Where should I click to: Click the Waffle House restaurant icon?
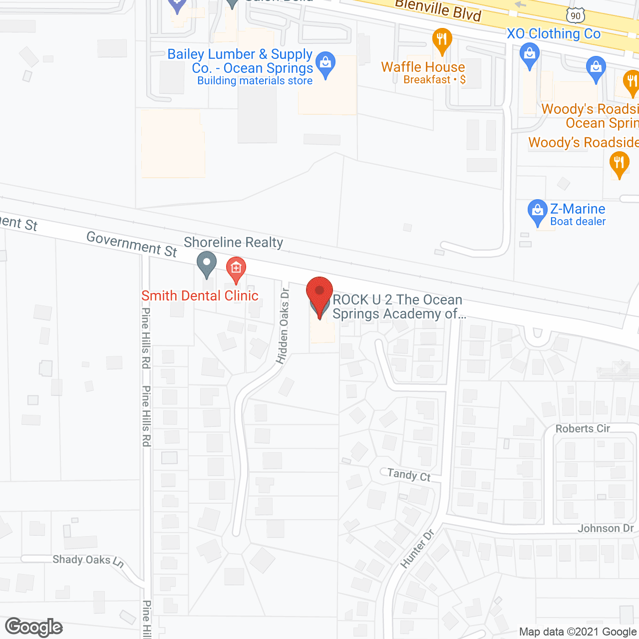click(x=441, y=40)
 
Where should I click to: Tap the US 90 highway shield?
click(x=576, y=15)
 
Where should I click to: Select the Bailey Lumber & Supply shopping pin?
click(x=326, y=64)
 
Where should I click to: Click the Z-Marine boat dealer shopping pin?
click(x=537, y=212)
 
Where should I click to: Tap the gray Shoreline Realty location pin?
click(x=206, y=264)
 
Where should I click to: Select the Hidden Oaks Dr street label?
click(x=283, y=326)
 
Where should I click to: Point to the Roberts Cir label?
click(x=583, y=428)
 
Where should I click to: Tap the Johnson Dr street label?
click(x=606, y=528)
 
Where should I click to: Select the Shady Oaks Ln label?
click(x=88, y=560)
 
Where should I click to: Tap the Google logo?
click(x=34, y=627)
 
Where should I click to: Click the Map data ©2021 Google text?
click(x=578, y=632)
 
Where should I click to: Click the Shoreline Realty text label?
click(x=233, y=243)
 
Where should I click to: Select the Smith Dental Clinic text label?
click(x=200, y=296)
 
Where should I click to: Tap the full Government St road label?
click(x=132, y=244)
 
